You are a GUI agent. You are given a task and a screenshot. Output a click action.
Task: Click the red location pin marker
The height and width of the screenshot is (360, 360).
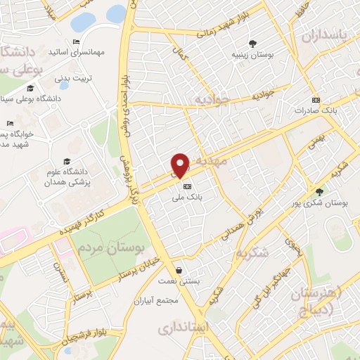pos(181,165)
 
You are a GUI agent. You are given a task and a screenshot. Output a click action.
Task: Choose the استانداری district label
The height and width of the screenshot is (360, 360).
pos(181,328)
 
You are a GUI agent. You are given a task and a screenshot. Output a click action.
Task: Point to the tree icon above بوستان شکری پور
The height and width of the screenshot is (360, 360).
pos(320,191)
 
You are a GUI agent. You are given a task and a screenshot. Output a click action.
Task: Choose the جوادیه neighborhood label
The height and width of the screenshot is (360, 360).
pos(211,98)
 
